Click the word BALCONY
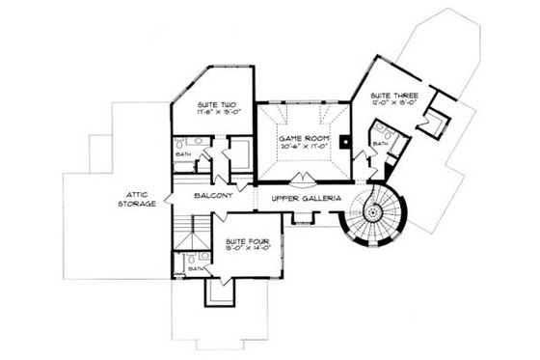coord(212,196)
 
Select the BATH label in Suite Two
coord(181,152)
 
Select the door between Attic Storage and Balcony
coord(166,197)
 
